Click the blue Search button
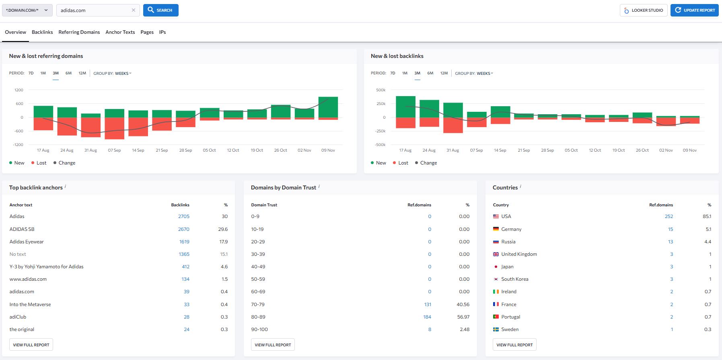pyautogui.click(x=160, y=10)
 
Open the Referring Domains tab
pyautogui.click(x=79, y=32)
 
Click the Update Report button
pyautogui.click(x=694, y=10)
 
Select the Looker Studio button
pyautogui.click(x=644, y=10)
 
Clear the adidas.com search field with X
pyautogui.click(x=134, y=10)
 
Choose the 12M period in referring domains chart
pyautogui.click(x=82, y=73)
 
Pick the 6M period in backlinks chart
pyautogui.click(x=430, y=73)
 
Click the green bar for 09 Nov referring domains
pyautogui.click(x=328, y=107)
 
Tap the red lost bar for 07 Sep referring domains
pyautogui.click(x=114, y=128)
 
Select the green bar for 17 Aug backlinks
pyautogui.click(x=405, y=107)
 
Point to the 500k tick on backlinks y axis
pyautogui.click(x=381, y=90)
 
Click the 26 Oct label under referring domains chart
pyautogui.click(x=280, y=150)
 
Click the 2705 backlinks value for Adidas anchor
pyautogui.click(x=183, y=216)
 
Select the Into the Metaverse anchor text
pyautogui.click(x=30, y=304)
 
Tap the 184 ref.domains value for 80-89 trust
pyautogui.click(x=427, y=317)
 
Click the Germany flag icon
pyautogui.click(x=496, y=229)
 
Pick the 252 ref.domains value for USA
pyautogui.click(x=669, y=216)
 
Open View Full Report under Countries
pyautogui.click(x=514, y=345)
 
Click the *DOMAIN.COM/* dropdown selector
pyautogui.click(x=27, y=10)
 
